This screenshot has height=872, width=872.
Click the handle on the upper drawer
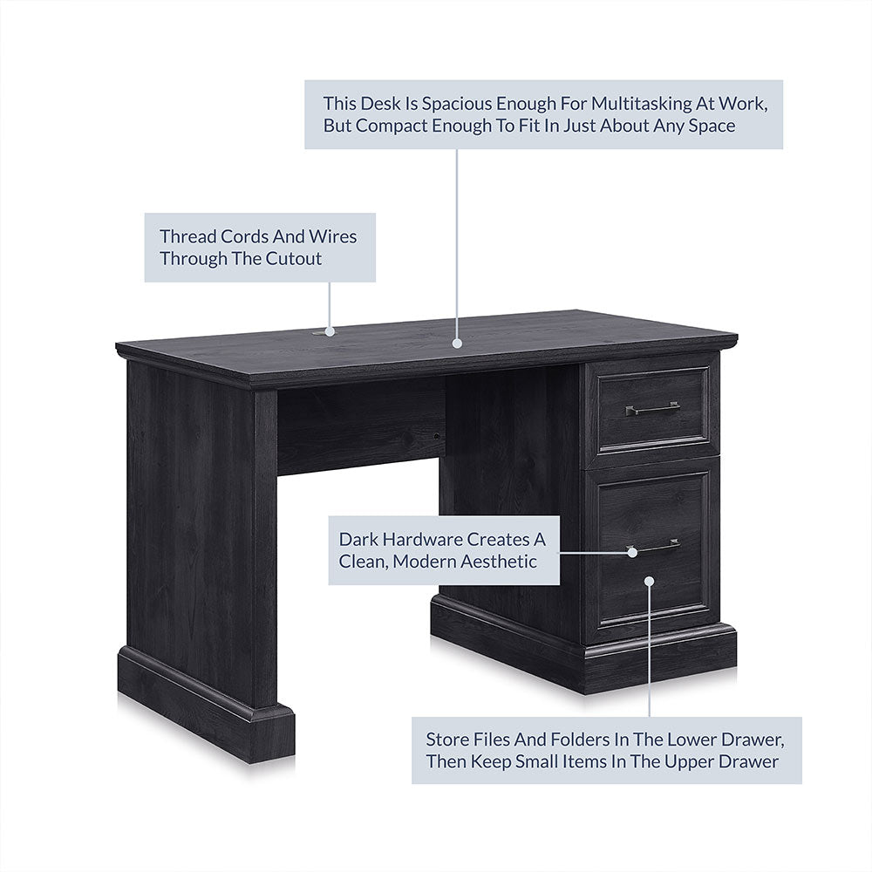[652, 409]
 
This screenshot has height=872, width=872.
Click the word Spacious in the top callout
[457, 104]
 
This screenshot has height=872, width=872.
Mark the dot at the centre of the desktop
[457, 343]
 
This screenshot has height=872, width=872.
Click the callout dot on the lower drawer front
[649, 581]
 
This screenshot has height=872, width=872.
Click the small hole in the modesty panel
[437, 437]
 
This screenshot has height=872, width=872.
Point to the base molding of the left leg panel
[206, 704]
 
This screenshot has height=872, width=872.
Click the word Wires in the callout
[332, 237]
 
